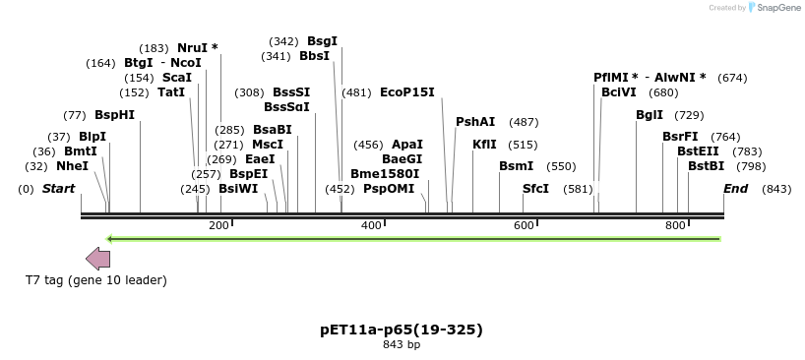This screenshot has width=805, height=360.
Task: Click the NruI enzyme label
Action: coord(192,47)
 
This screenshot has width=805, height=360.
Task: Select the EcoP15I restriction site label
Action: coord(406,92)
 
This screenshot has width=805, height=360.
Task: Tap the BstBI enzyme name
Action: coord(706,166)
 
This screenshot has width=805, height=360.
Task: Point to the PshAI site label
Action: coord(475,122)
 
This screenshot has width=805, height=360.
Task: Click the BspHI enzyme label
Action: coord(114,114)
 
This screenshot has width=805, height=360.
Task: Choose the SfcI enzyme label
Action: coord(535,188)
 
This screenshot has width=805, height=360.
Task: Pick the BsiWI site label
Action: coord(238,188)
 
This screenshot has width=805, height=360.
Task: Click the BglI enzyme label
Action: coord(650,114)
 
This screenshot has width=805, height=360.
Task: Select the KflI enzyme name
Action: coord(484,144)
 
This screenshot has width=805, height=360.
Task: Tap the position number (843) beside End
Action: coord(776,188)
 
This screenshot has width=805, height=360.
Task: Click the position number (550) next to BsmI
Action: coord(561,166)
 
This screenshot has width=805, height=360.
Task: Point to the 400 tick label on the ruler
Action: coord(372,226)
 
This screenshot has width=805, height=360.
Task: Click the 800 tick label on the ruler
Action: coord(675,226)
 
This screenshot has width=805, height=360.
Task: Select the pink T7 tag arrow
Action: coord(97,259)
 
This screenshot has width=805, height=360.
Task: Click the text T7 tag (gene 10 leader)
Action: coord(96,280)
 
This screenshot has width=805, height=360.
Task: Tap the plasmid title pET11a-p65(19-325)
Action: coord(402,329)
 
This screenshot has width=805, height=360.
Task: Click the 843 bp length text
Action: coord(402,345)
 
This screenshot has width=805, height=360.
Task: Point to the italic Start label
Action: coord(58,188)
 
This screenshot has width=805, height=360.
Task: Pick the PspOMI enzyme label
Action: coord(389,188)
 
